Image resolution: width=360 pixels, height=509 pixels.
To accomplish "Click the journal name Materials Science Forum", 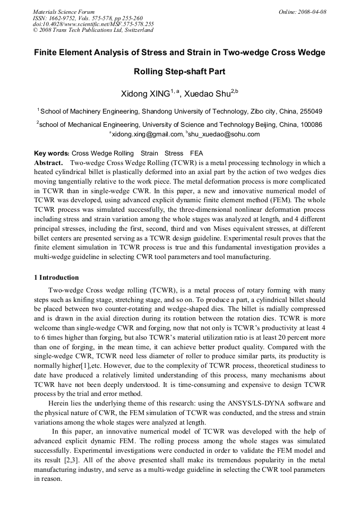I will (x=64, y=11).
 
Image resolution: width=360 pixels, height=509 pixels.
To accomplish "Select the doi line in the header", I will (x=93, y=24).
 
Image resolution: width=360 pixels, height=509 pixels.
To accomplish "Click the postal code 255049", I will (x=308, y=112).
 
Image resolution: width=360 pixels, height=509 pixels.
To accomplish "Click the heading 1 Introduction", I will (x=56, y=278).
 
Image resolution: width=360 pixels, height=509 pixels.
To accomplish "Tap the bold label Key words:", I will (x=51, y=153).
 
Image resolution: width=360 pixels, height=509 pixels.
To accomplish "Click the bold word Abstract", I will (x=49, y=162).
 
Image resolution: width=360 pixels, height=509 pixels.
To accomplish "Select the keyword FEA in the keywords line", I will (x=196, y=153).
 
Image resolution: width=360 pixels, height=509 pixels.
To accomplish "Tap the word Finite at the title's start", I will (x=46, y=53).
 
